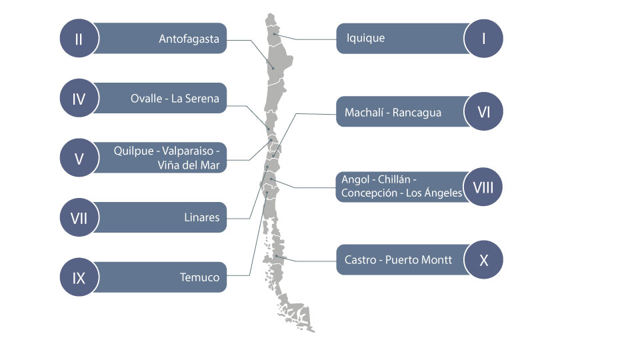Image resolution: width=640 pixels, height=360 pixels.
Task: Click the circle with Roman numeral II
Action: [79, 39]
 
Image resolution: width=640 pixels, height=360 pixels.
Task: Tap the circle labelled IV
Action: [79, 99]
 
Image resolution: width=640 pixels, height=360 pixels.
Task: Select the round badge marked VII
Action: [79, 217]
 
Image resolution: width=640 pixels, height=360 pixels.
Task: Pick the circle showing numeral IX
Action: [79, 277]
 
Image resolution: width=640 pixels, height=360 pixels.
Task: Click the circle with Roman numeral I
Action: [484, 39]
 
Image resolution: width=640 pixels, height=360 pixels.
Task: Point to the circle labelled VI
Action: [484, 111]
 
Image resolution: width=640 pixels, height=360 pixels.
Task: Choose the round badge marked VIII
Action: [483, 187]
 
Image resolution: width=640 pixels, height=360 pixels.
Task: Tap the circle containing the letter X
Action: [484, 259]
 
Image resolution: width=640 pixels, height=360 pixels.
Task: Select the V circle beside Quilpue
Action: [79, 158]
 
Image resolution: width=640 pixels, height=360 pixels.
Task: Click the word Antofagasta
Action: [189, 39]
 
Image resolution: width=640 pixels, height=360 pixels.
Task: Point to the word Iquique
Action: [366, 38]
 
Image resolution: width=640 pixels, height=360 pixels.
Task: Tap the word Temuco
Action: [199, 277]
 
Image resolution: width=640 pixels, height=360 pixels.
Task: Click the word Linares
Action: [201, 217]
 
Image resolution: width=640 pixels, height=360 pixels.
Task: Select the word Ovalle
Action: [146, 99]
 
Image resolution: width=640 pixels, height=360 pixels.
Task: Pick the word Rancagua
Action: [417, 113]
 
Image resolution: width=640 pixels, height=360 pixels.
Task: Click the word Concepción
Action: [369, 193]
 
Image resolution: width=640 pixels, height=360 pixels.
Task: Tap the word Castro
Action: [361, 259]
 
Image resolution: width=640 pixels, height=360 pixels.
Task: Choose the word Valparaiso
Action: [188, 151]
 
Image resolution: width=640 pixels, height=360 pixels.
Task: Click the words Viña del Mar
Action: [189, 165]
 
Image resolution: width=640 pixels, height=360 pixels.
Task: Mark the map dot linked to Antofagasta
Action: [273, 68]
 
